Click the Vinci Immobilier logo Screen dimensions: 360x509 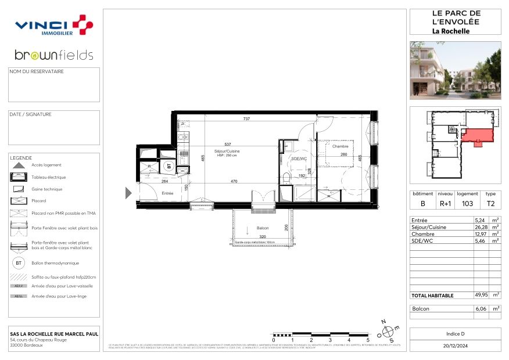coord(53,26)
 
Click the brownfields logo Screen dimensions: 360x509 coord(53,55)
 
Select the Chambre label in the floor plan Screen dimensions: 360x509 coord(340,146)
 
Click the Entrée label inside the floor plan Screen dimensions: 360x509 coord(167,193)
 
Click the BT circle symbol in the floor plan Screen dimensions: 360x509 coord(169,165)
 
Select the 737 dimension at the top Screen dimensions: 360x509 coord(246,119)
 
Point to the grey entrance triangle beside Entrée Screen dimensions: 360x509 coord(129,193)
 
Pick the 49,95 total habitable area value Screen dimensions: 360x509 coord(482,295)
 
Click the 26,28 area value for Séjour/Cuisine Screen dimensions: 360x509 coord(482,227)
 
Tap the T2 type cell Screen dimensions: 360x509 coord(490,204)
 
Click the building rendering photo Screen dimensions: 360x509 coord(455,69)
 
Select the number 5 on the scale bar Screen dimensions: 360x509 coord(368,340)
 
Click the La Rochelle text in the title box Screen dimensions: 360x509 coord(451,31)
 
